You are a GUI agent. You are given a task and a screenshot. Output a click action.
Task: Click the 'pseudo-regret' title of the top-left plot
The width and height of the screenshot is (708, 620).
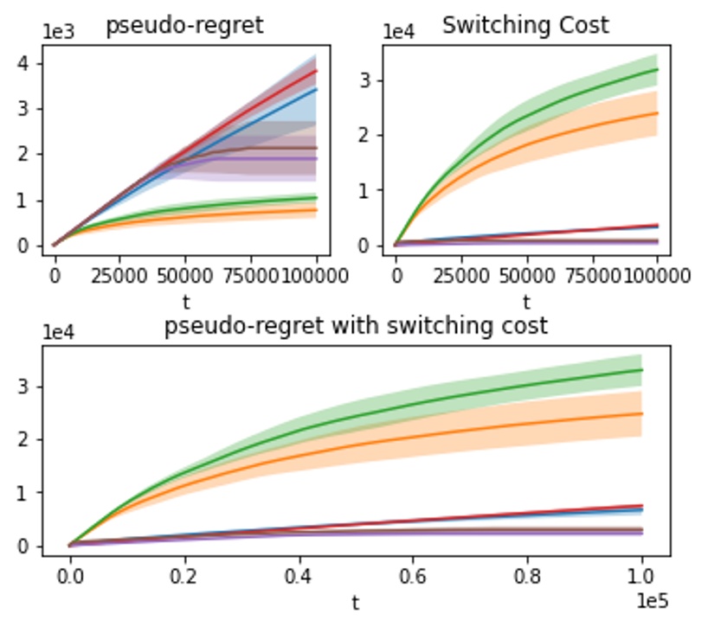pyautogui.click(x=184, y=26)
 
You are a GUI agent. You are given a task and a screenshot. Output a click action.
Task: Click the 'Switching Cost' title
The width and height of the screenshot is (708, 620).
pyautogui.click(x=525, y=24)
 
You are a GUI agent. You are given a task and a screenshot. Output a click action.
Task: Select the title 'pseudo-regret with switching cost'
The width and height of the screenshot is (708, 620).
pyautogui.click(x=356, y=326)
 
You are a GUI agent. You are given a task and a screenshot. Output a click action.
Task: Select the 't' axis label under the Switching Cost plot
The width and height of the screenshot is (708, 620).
pyautogui.click(x=526, y=302)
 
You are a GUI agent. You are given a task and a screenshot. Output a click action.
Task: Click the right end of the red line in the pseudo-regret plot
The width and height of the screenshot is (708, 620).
pyautogui.click(x=317, y=71)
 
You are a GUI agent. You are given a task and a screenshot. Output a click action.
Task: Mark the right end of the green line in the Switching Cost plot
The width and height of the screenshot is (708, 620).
pyautogui.click(x=658, y=69)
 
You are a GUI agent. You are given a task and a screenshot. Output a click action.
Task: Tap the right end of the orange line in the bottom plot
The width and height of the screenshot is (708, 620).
pyautogui.click(x=641, y=413)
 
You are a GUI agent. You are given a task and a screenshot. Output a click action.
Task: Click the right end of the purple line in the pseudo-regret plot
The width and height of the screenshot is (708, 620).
pyautogui.click(x=317, y=158)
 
